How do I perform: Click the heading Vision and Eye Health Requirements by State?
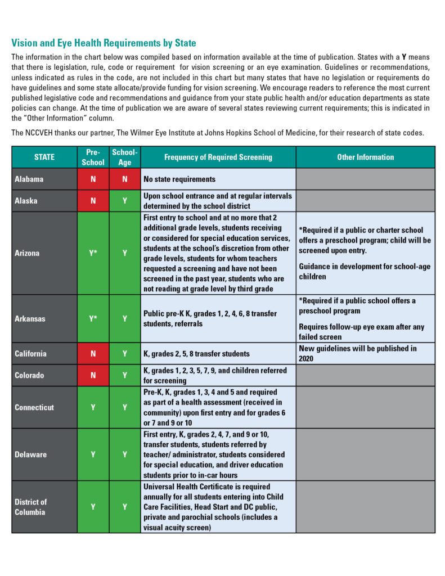[104, 43]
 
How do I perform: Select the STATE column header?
[44, 157]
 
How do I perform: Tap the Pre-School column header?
[93, 157]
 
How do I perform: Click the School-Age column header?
[124, 157]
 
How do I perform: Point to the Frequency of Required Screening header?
[218, 157]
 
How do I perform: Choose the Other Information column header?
[365, 157]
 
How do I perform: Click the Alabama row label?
[29, 179]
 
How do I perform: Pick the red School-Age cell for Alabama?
[124, 179]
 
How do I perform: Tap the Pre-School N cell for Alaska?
[93, 200]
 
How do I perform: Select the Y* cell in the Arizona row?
[93, 253]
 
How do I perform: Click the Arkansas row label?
[30, 318]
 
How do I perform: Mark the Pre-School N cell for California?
[93, 354]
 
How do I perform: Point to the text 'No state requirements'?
[179, 179]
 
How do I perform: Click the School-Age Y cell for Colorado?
[124, 375]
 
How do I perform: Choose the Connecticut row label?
[35, 407]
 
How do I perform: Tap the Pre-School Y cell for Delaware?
[93, 454]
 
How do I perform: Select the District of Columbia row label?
[31, 507]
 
